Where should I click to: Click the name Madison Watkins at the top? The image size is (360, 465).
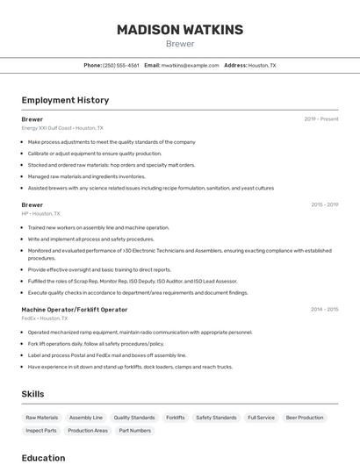pos(180,30)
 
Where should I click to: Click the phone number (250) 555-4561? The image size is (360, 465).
pos(120,65)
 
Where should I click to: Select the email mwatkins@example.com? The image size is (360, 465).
pos(190,65)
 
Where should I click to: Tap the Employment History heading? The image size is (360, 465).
pos(65,100)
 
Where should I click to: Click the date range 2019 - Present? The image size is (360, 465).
pos(320,119)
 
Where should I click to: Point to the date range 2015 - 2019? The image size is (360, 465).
pos(324,204)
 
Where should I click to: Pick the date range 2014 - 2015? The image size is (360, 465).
pos(324,310)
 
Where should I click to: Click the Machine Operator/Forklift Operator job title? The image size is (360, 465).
pos(74,310)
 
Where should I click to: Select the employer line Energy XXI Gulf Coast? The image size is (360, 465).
pos(61,128)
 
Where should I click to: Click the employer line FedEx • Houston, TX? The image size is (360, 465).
pos(44,318)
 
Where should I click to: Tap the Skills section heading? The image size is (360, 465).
pos(32,394)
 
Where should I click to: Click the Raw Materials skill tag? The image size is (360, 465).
pos(41,418)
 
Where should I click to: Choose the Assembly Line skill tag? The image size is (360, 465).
pos(86,418)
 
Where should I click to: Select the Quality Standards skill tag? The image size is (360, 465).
pos(134,418)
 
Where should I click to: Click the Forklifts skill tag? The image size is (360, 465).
pos(176,418)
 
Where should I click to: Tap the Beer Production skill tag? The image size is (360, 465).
pos(304,418)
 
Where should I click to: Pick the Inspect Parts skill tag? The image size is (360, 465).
pos(41,431)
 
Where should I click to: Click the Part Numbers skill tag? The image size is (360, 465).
pos(135,431)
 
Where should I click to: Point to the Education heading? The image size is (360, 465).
pos(43,458)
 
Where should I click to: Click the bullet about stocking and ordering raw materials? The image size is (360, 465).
pos(112,165)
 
